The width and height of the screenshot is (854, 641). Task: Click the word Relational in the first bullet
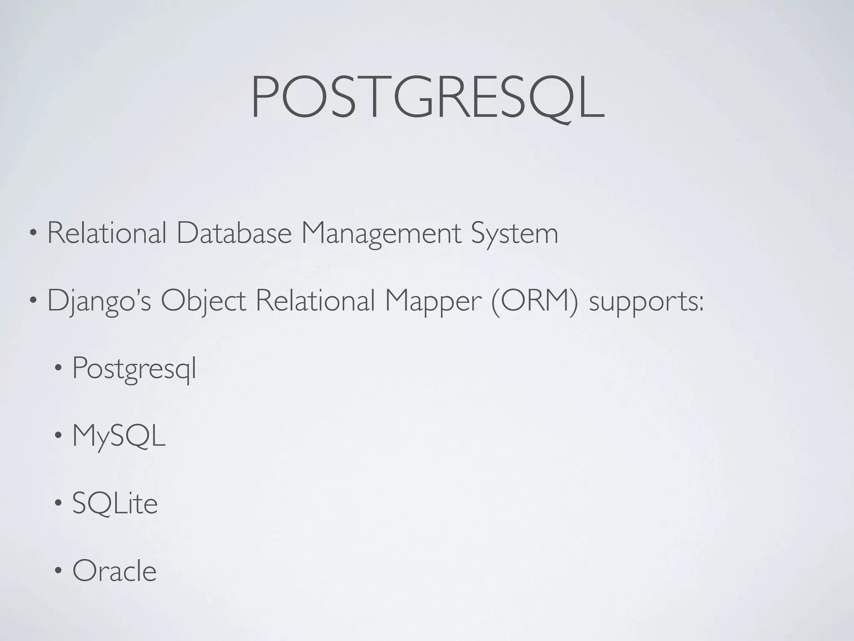pyautogui.click(x=107, y=234)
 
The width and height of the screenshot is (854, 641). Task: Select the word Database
pyautogui.click(x=234, y=234)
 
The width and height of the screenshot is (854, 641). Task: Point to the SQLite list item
pyautogui.click(x=115, y=504)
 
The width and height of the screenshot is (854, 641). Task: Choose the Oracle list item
pyautogui.click(x=114, y=571)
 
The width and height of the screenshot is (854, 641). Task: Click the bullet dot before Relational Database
pyautogui.click(x=33, y=235)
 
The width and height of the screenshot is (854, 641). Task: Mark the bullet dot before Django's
pyautogui.click(x=33, y=302)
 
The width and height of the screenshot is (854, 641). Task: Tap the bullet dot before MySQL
pyautogui.click(x=58, y=437)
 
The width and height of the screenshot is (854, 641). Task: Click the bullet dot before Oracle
pyautogui.click(x=58, y=571)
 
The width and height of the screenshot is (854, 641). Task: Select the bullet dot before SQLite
pyautogui.click(x=58, y=504)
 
